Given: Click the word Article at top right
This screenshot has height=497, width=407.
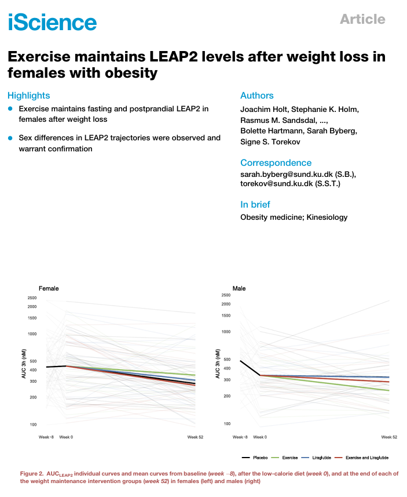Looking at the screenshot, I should tap(362, 19).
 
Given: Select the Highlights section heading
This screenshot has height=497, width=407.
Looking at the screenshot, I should tap(29, 96).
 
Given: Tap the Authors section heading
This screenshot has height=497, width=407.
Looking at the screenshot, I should tap(256, 96).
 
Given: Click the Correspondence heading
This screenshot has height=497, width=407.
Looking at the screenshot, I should tap(276, 163).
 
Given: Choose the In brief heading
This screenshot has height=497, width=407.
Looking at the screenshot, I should tap(255, 204).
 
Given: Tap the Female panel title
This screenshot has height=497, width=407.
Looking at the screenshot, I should tap(49, 288).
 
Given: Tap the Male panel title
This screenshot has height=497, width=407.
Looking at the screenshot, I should tap(239, 288).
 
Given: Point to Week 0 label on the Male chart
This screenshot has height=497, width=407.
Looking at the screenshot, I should tap(260, 436).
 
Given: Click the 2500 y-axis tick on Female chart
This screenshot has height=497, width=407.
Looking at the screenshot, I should tap(32, 298).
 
